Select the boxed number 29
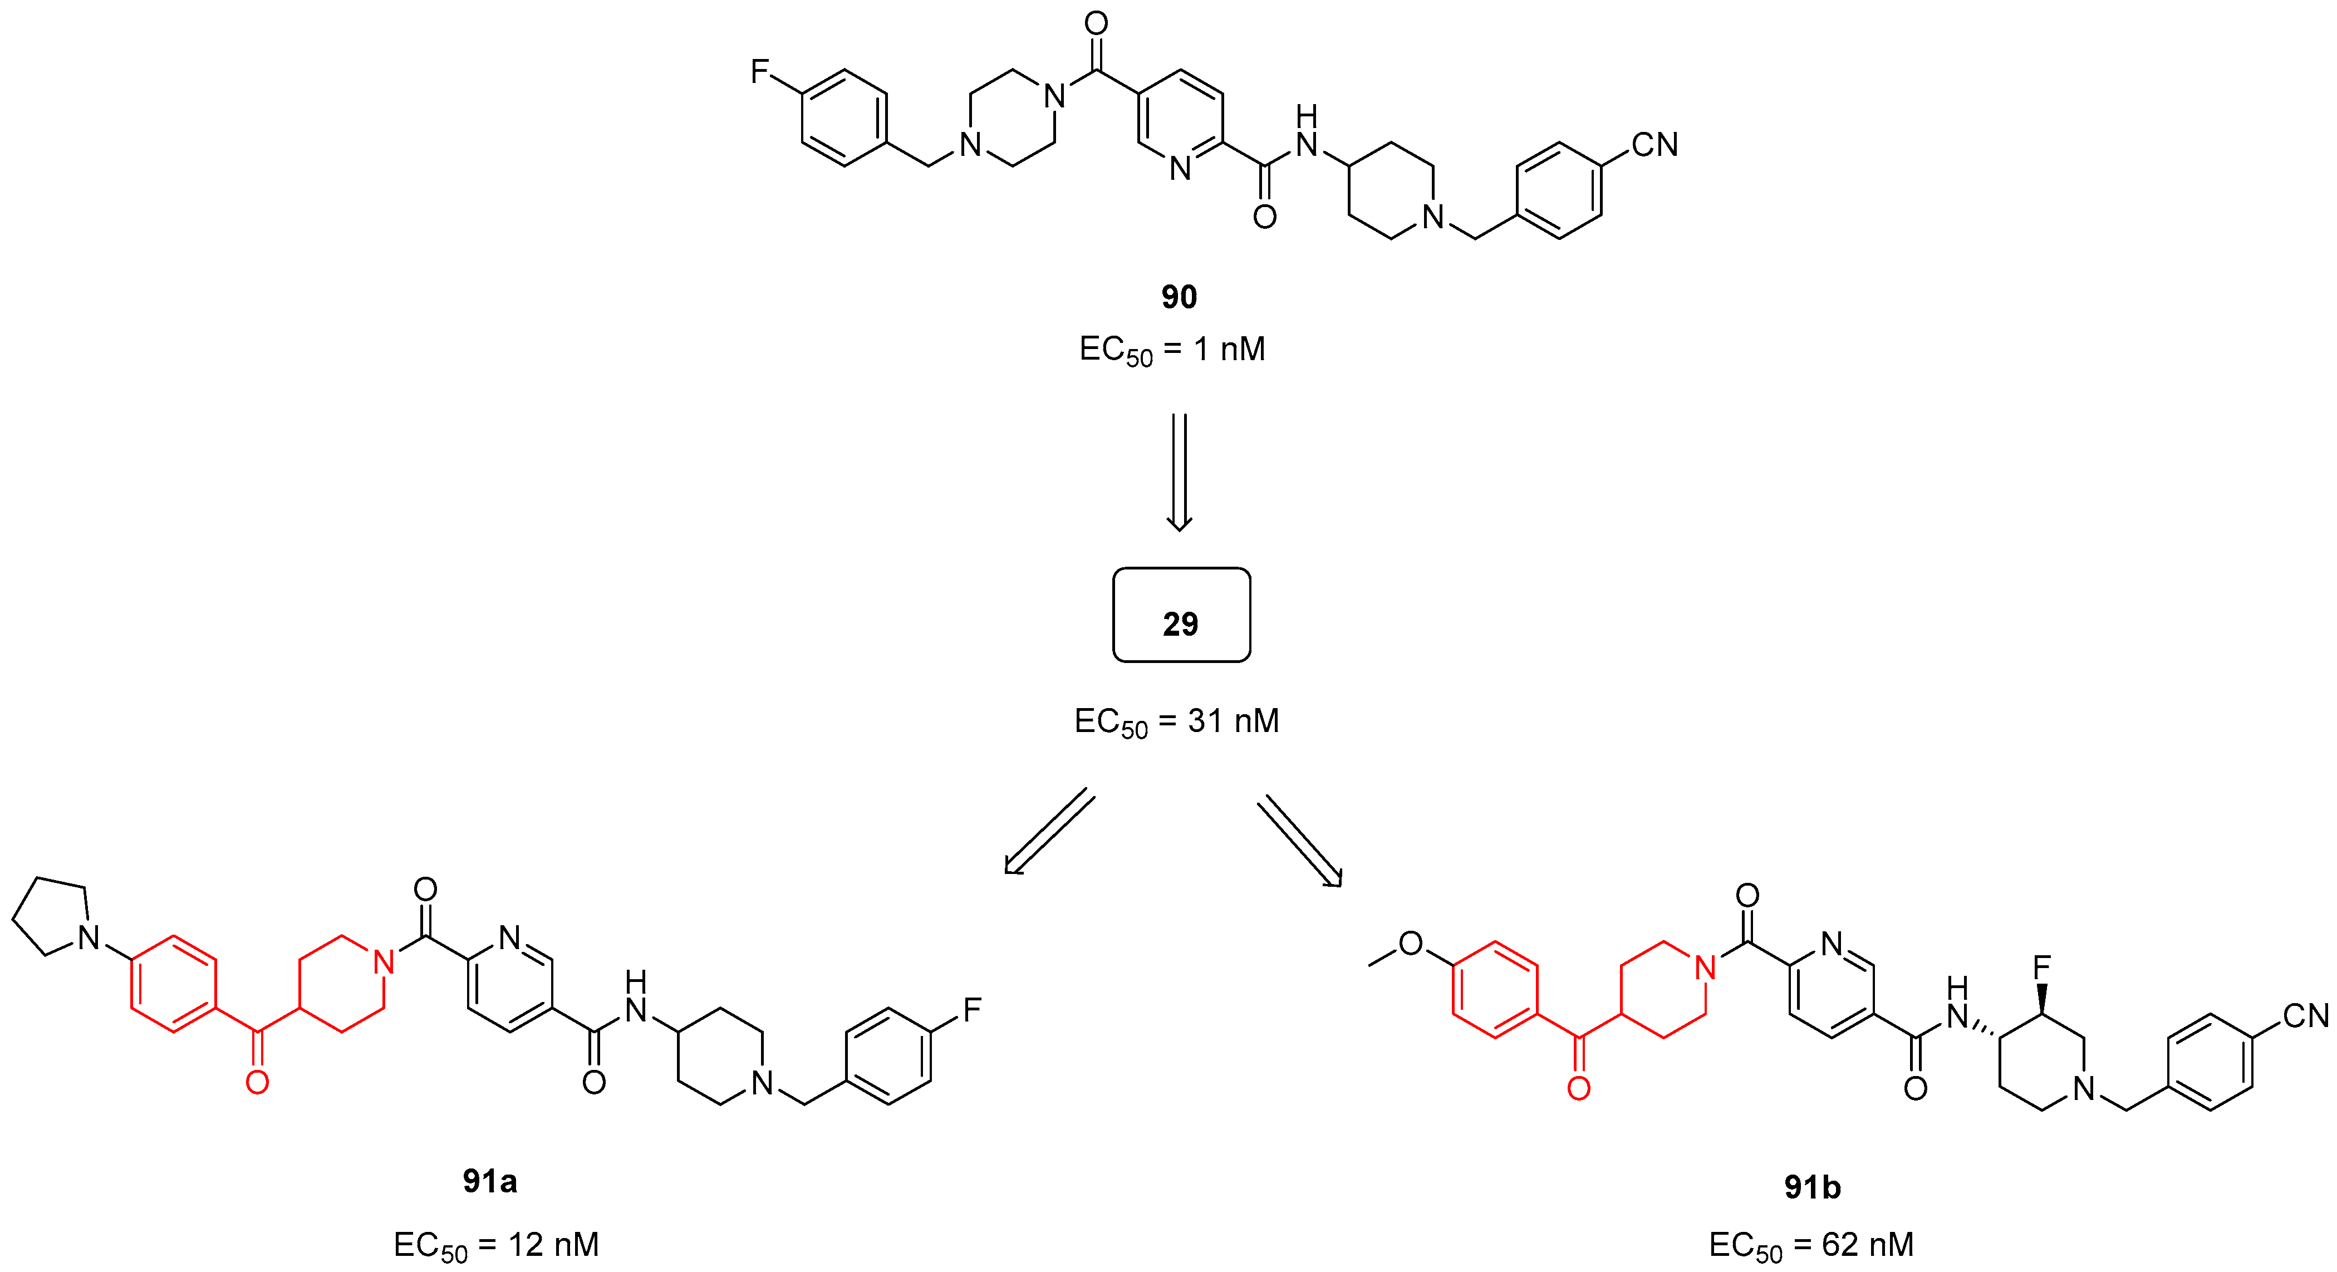tap(1180, 623)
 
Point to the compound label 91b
tap(1811, 1187)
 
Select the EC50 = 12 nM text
tap(495, 1245)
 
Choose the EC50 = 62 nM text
tap(1811, 1245)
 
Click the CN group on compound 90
tap(1654, 145)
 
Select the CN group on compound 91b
tap(2305, 1015)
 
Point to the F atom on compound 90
tap(759, 72)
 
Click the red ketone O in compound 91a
tap(258, 1082)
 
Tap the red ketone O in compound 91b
tap(1579, 1088)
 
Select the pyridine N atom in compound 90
tap(1180, 169)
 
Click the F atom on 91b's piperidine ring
tap(2042, 967)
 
